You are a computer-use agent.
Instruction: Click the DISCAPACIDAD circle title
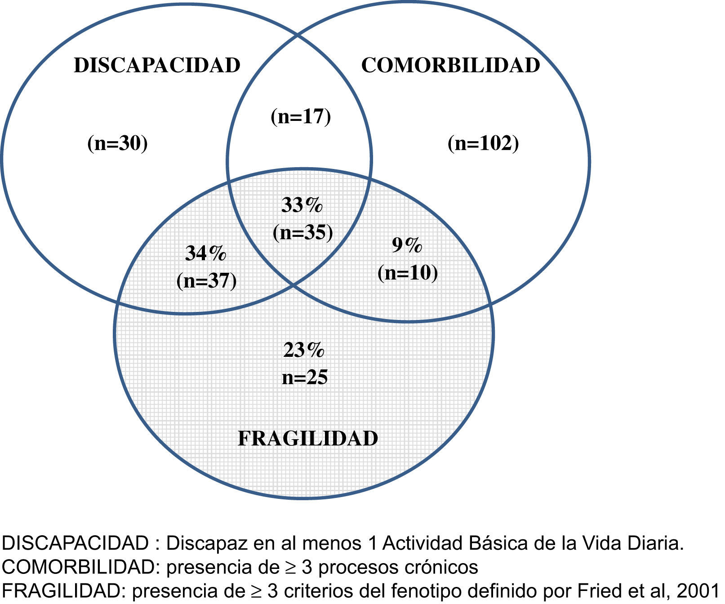157,66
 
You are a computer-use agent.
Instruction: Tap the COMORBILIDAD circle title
450,66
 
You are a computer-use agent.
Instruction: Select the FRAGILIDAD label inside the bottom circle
308,439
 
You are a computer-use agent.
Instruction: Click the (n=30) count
117,144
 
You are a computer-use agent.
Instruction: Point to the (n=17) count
301,116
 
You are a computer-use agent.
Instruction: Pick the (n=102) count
483,144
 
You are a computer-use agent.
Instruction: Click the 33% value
302,205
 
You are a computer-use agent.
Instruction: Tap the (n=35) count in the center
303,232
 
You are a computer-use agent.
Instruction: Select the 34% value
206,254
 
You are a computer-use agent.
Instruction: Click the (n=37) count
207,281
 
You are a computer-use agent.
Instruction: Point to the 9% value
407,245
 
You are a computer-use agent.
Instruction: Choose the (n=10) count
408,273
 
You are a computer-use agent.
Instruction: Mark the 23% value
304,350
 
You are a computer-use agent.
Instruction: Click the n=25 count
305,377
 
